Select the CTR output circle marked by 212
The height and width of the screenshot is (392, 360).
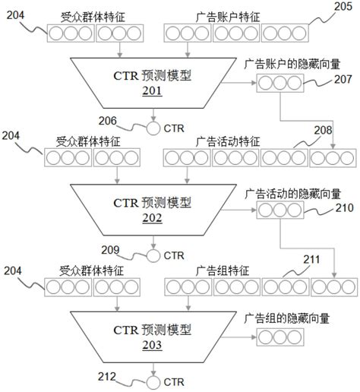153,379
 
